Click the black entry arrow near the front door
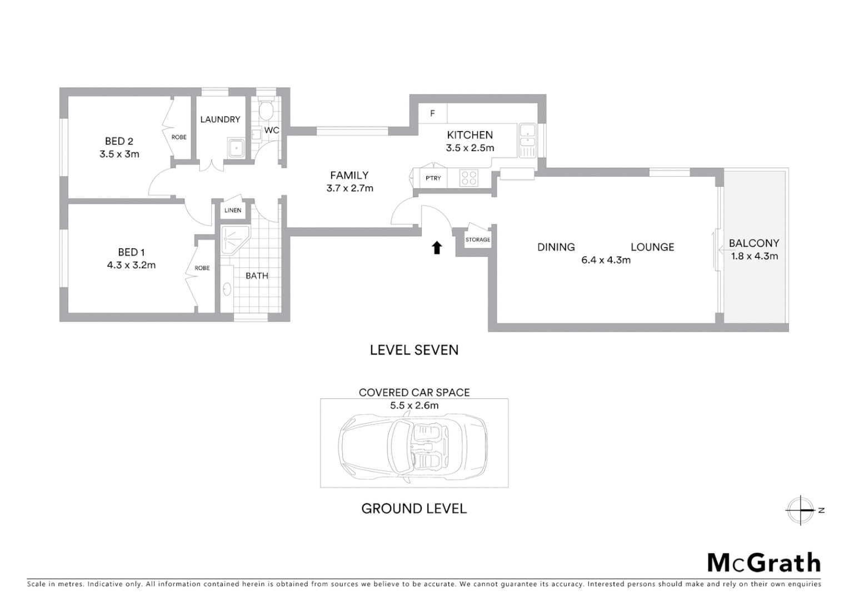coord(437,248)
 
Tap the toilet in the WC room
coord(266,110)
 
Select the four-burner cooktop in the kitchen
coord(469,178)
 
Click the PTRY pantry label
coord(433,178)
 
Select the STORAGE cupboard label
coord(478,240)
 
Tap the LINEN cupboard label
coord(233,211)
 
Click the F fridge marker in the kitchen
coord(432,114)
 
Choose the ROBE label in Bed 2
coord(179,137)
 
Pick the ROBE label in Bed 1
coord(202,268)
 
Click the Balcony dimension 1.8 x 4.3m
coord(754,256)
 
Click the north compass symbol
coord(800,510)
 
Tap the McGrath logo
coord(763,563)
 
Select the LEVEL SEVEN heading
coord(414,350)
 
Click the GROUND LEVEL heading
coord(414,509)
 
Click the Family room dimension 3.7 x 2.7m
coord(349,188)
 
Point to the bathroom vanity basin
coord(227,289)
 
